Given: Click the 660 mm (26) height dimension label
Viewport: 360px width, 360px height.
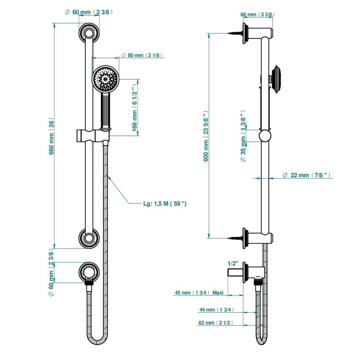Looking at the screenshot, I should [x=52, y=136].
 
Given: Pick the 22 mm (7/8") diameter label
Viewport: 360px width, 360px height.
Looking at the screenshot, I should [x=308, y=175].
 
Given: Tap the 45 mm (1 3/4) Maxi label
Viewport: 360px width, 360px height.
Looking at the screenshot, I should [x=199, y=293].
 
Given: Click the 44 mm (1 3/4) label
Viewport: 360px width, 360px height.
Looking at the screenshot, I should [x=216, y=310].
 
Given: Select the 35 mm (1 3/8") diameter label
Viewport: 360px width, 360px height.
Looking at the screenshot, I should [x=243, y=140].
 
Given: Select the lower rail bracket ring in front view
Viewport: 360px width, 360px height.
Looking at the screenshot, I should [x=89, y=240].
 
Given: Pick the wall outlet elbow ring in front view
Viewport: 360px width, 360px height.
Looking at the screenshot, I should [x=89, y=271].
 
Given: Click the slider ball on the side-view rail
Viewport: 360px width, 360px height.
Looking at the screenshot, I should [x=265, y=136].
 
